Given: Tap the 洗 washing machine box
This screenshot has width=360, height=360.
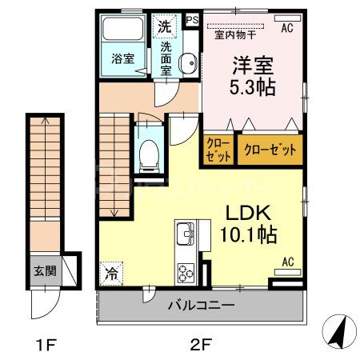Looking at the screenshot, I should tap(164, 25).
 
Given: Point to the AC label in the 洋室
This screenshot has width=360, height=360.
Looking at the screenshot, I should tap(286, 28).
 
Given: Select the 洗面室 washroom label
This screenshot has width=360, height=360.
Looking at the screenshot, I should tap(166, 58).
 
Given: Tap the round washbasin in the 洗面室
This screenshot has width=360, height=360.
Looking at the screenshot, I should tap(189, 65).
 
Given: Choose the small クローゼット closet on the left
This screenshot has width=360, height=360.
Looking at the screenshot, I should tap(218, 150).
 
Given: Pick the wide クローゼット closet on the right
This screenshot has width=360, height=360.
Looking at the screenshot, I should tap(269, 149).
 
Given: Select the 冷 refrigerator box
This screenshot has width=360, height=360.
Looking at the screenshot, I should tap(111, 273).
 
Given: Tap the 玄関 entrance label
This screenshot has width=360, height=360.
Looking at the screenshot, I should tap(45, 270).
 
